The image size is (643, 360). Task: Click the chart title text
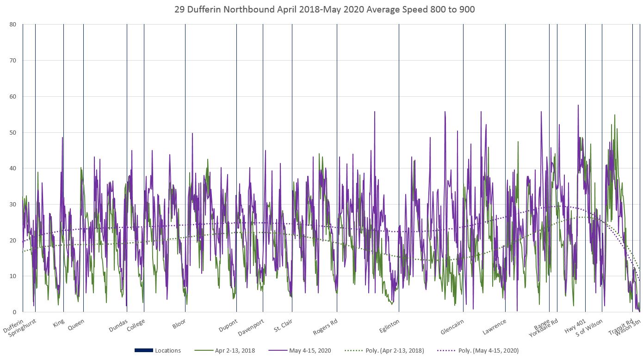[x=324, y=9]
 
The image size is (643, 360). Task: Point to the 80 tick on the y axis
[x=12, y=25]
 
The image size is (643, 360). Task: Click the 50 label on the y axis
[x=12, y=132]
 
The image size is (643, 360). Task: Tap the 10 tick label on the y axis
[x=12, y=276]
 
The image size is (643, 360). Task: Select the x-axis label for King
[x=59, y=323]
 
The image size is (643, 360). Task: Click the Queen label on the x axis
[x=76, y=324]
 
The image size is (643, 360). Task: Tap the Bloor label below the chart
[x=179, y=323]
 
